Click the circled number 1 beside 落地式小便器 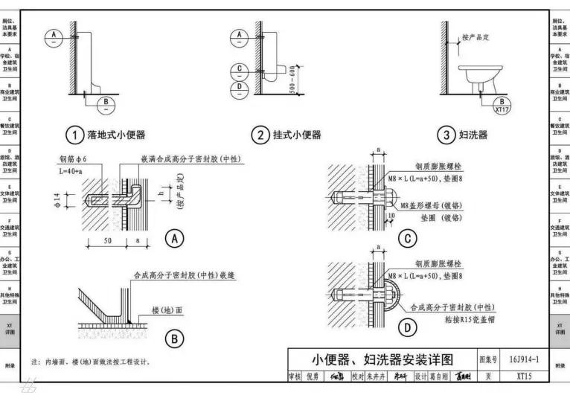click(x=74, y=135)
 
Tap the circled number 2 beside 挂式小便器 click(x=260, y=135)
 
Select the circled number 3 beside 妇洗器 click(x=446, y=135)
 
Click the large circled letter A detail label click(x=175, y=238)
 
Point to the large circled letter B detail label click(x=175, y=338)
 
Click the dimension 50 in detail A click(x=108, y=243)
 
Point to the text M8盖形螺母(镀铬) click(x=431, y=205)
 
